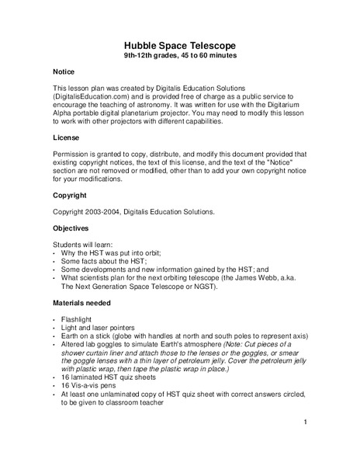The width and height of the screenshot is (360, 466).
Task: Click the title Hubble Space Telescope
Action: tap(180, 46)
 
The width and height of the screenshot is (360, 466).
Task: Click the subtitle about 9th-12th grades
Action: tap(180, 57)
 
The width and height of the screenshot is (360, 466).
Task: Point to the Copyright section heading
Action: tap(70, 195)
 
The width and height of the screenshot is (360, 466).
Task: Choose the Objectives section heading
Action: tap(71, 229)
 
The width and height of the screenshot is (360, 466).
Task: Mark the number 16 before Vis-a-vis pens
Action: tap(64, 383)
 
